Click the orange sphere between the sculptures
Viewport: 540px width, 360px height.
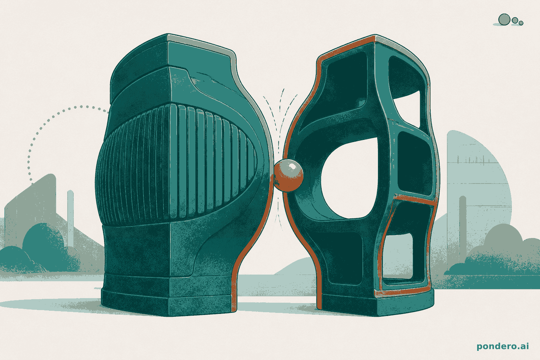(x=289, y=175)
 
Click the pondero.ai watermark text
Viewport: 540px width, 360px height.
(x=503, y=347)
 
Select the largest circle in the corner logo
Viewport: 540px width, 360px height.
(x=504, y=20)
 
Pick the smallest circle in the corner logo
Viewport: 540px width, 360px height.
(x=521, y=23)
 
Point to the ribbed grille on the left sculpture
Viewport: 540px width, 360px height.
(x=176, y=164)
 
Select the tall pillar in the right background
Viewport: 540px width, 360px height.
(x=463, y=229)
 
